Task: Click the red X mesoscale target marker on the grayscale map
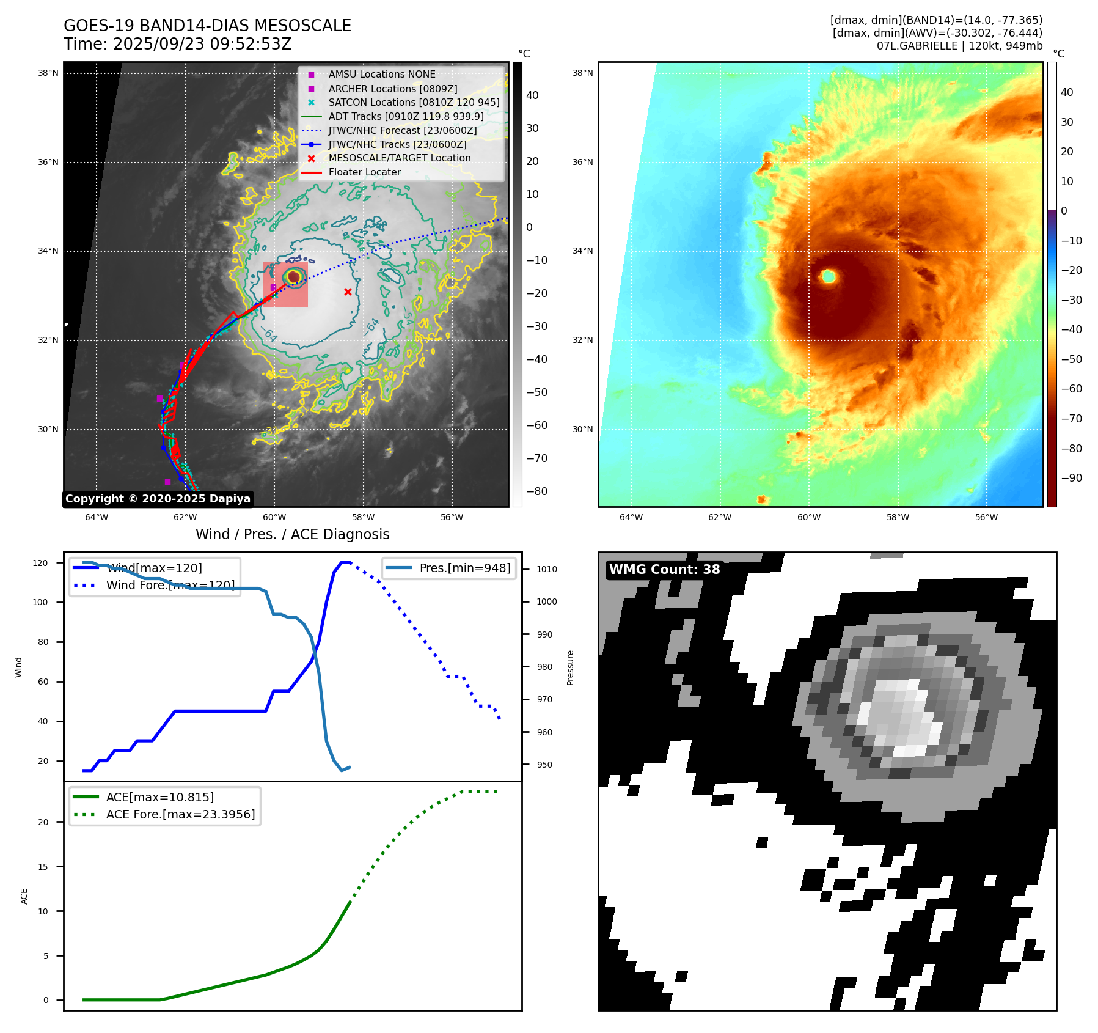(x=348, y=292)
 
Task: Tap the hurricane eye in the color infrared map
(x=829, y=276)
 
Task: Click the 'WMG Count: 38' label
(x=664, y=570)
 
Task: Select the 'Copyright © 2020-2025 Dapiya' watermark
(x=158, y=499)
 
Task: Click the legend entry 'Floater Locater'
(x=364, y=172)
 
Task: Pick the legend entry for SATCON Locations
(x=414, y=103)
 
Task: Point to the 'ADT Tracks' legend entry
(x=406, y=116)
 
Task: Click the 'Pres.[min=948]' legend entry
(x=464, y=568)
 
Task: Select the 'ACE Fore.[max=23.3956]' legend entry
(x=180, y=814)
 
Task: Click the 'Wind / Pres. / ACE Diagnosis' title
(x=292, y=534)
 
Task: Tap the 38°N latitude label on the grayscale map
(x=48, y=73)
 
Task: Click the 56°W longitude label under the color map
(x=986, y=517)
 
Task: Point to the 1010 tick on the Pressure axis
(x=547, y=569)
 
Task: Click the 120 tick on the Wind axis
(x=40, y=563)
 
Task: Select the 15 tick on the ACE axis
(x=43, y=867)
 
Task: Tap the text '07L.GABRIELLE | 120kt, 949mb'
(x=959, y=46)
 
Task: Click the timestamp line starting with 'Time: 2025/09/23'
(x=177, y=44)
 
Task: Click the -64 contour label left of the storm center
(x=268, y=334)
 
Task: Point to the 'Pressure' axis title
(x=570, y=667)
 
